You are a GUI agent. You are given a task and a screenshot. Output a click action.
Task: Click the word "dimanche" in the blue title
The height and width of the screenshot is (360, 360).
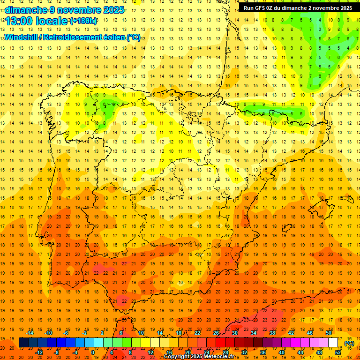click(26, 10)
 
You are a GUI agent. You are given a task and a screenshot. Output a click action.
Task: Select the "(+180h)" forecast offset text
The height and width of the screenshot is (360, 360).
click(83, 21)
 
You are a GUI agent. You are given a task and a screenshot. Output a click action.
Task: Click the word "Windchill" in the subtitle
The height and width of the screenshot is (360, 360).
click(22, 37)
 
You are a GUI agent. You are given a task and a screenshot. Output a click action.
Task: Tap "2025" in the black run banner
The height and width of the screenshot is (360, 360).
click(345, 8)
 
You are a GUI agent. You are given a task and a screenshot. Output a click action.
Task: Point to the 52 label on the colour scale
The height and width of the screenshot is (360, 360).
click(338, 352)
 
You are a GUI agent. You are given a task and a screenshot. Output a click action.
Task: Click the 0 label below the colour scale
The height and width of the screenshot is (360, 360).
click(93, 352)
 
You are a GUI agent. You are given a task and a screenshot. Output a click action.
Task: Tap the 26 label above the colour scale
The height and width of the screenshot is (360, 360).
click(216, 333)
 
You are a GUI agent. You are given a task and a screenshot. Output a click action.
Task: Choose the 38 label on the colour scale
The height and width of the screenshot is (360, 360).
click(272, 333)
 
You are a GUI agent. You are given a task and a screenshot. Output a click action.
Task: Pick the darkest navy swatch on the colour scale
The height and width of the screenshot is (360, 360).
click(23, 343)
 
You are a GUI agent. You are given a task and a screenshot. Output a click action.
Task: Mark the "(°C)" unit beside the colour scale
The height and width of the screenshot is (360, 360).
click(349, 343)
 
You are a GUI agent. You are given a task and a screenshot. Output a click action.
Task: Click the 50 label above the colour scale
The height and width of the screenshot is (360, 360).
click(329, 333)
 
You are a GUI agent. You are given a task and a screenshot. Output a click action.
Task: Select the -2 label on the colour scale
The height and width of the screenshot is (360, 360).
click(85, 333)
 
